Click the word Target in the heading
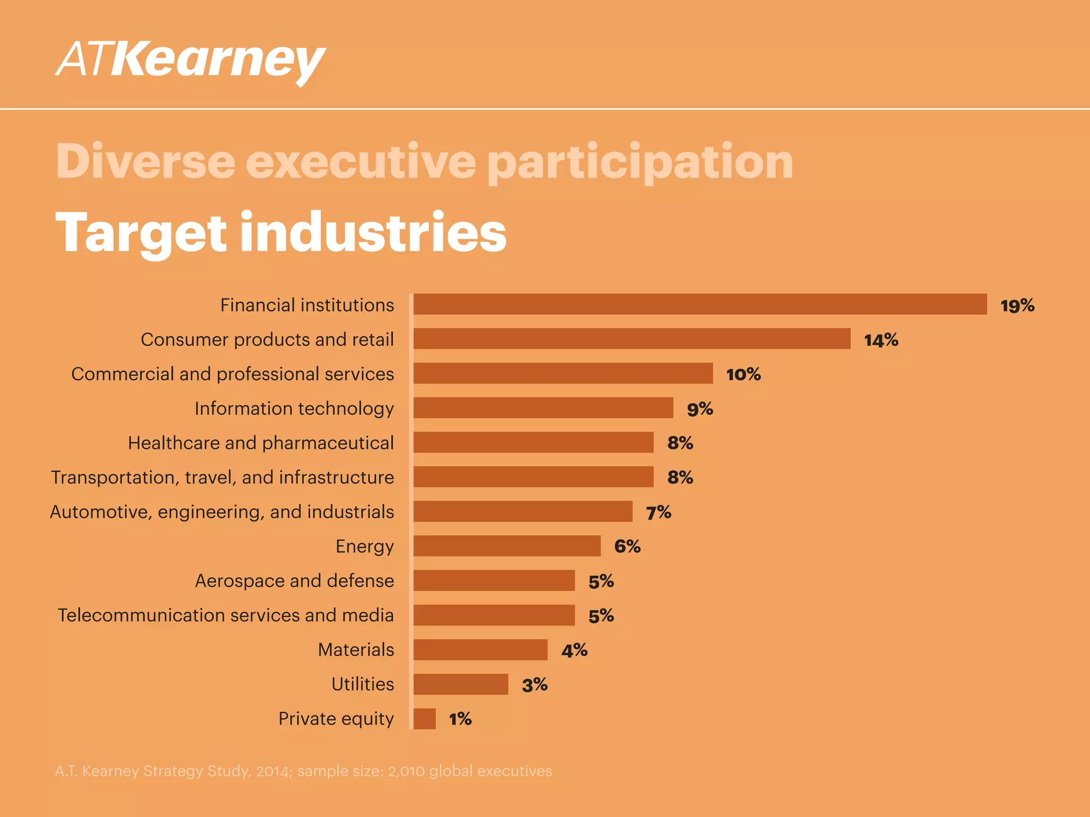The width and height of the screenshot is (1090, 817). click(x=141, y=232)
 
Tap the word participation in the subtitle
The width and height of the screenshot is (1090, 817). click(x=640, y=161)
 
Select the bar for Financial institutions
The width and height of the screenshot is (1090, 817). click(x=700, y=304)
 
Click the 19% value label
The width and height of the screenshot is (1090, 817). click(x=1017, y=306)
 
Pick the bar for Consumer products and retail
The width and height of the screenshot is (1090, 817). click(x=632, y=339)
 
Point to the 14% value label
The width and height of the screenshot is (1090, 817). click(x=881, y=340)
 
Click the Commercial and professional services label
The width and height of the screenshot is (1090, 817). click(x=233, y=374)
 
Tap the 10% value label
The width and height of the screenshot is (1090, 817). click(x=743, y=374)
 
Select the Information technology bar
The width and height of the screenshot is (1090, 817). click(x=543, y=408)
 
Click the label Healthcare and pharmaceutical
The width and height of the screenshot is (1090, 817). click(x=261, y=443)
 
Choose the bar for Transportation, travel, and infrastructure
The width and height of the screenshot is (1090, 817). click(x=533, y=477)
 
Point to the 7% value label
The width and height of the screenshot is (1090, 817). click(x=658, y=513)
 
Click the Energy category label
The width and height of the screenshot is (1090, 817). click(x=365, y=546)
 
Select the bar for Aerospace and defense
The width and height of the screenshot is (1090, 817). click(x=494, y=580)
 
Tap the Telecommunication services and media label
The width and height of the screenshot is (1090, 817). click(x=226, y=615)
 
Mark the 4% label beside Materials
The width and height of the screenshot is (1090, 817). click(x=574, y=651)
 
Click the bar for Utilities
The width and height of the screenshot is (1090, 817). click(x=460, y=684)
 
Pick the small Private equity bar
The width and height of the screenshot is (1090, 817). click(x=424, y=719)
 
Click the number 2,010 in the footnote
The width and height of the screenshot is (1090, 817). click(x=406, y=771)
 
